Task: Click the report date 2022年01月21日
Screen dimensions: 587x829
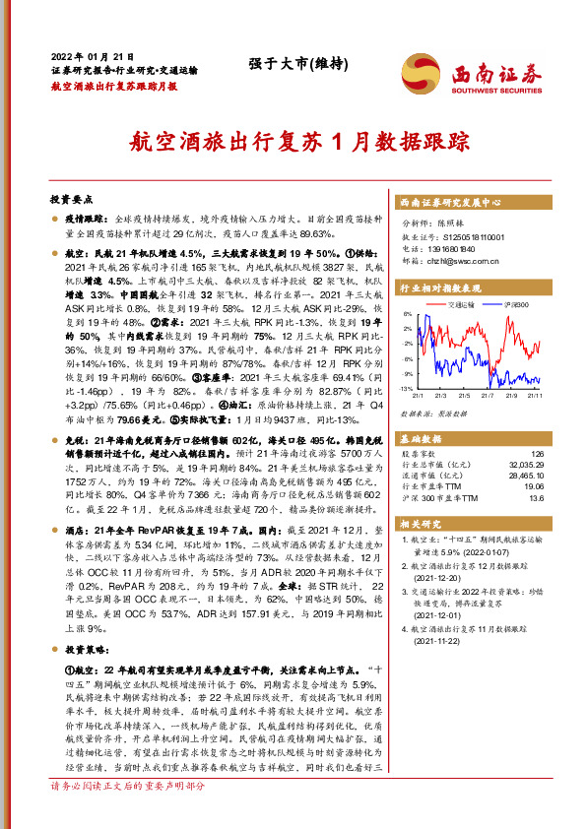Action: (91, 57)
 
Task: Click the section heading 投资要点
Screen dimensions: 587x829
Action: (70, 197)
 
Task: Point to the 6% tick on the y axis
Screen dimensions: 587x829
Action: (407, 315)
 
